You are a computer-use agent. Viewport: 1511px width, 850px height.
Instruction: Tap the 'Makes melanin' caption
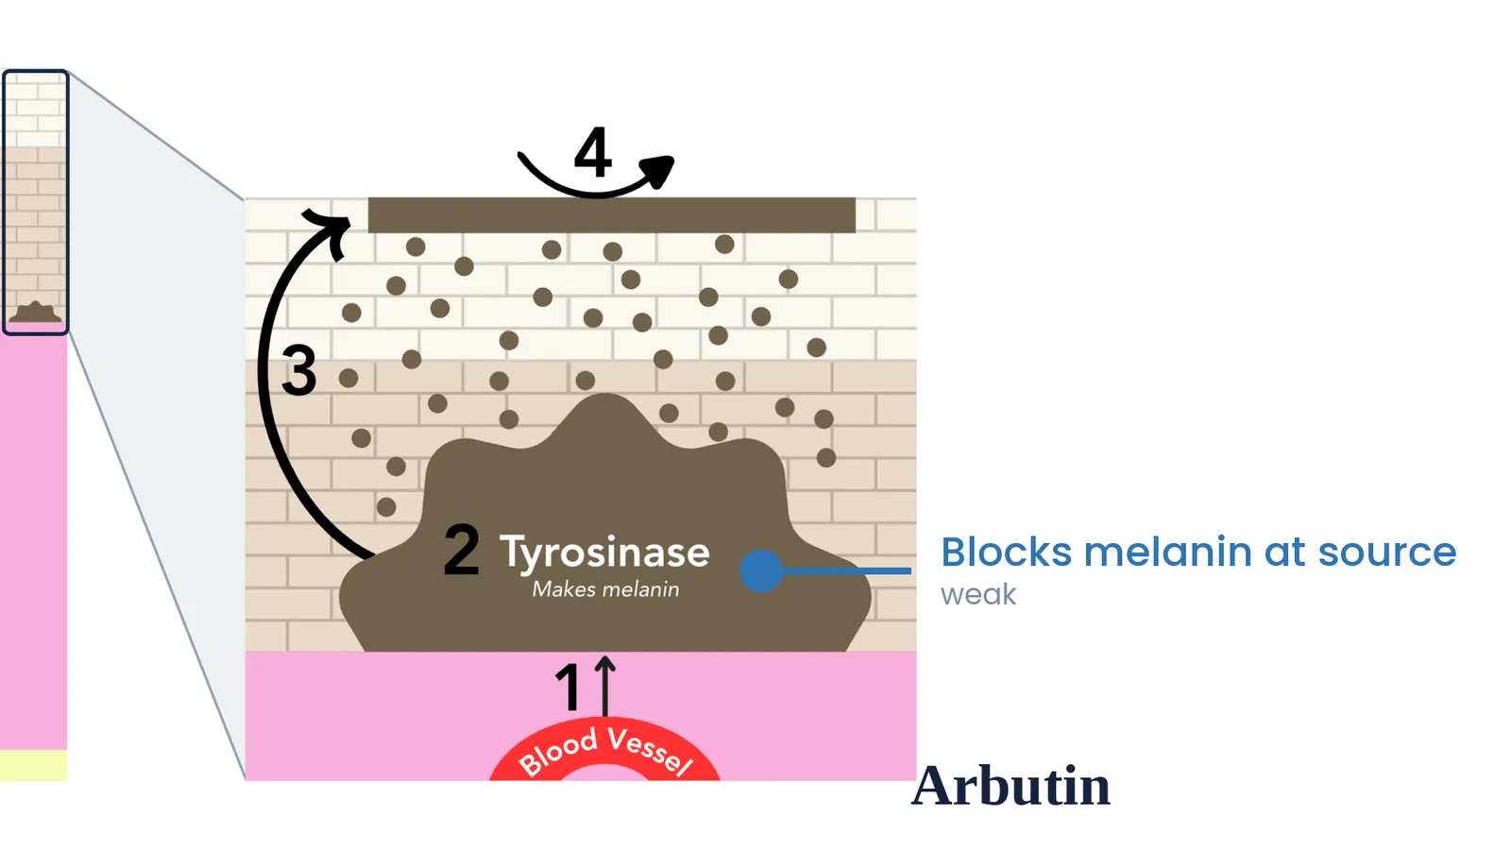pos(605,589)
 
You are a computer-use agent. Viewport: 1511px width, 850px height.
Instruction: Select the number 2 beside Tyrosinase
pos(462,550)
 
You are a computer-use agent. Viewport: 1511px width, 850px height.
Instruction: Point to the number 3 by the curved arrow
pos(298,369)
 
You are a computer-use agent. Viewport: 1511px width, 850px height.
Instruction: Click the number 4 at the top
pos(593,152)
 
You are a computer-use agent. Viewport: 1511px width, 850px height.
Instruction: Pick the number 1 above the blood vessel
pos(568,687)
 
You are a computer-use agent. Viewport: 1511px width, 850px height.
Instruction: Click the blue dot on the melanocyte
pos(761,570)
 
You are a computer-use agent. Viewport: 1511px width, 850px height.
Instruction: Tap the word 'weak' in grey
pos(978,595)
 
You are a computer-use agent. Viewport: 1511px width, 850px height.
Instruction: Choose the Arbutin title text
pos(1011,786)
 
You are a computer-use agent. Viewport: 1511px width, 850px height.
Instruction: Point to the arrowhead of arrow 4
pos(657,171)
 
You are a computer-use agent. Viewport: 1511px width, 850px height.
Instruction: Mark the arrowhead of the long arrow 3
pos(330,230)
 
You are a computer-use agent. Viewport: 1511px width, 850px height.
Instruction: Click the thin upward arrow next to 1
pos(605,686)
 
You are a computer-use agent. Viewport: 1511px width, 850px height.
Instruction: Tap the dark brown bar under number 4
pos(612,215)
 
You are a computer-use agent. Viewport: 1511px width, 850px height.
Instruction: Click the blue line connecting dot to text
pos(846,570)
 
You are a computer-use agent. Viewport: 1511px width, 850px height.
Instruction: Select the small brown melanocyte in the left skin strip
pos(35,313)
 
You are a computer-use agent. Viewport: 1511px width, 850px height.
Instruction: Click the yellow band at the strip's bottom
pos(34,765)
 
